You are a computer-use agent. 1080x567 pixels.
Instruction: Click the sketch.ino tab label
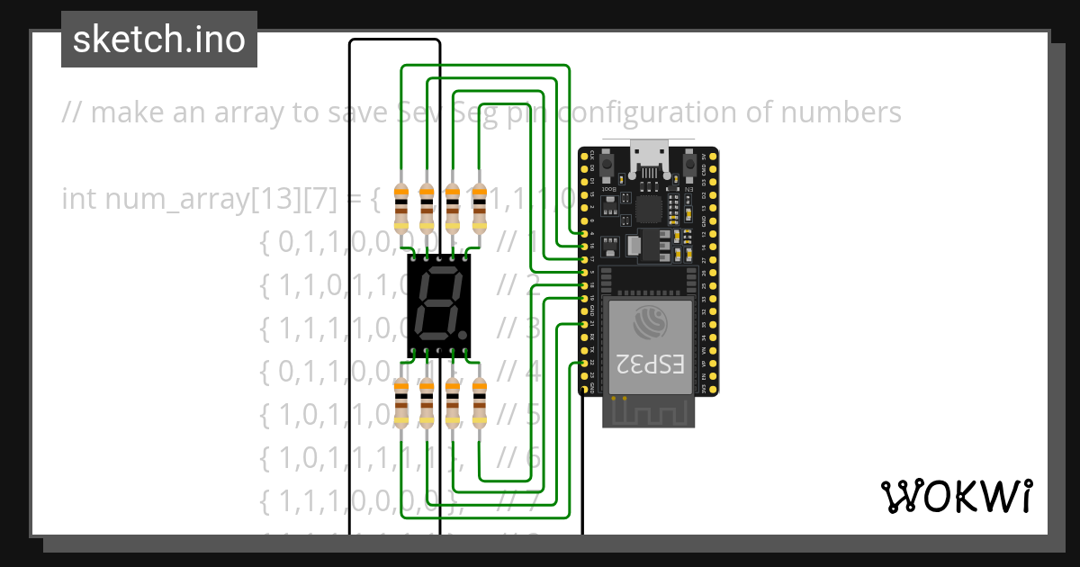click(159, 40)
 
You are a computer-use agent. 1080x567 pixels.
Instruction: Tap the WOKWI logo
click(956, 497)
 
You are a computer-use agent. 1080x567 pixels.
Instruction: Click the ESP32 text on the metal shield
click(649, 364)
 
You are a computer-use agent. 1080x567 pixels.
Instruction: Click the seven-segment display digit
click(440, 301)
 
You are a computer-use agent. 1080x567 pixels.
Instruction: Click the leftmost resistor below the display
click(401, 401)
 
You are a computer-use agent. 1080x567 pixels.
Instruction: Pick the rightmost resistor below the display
click(479, 401)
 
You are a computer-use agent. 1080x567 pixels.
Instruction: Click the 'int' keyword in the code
click(79, 198)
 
